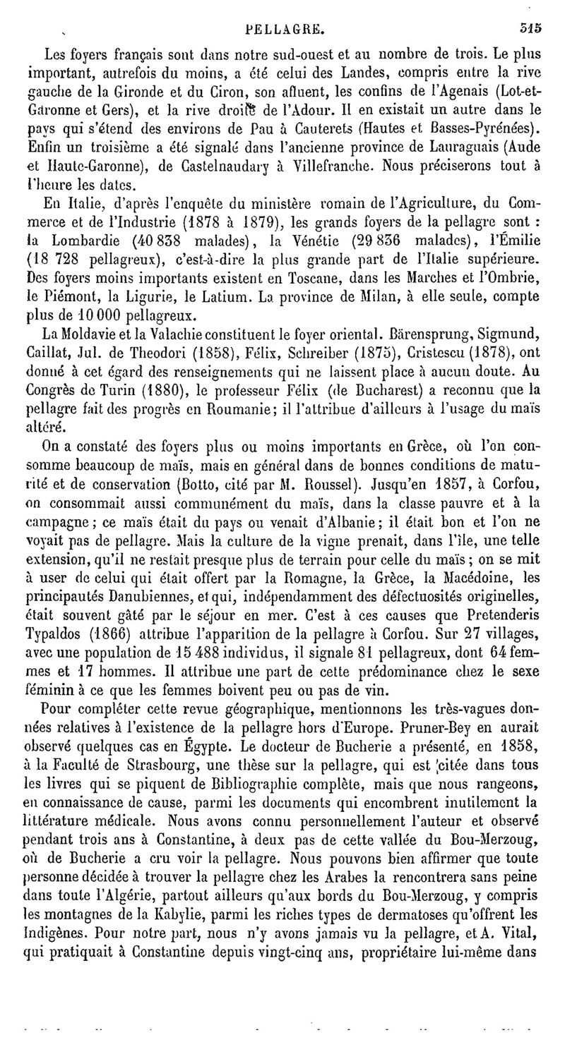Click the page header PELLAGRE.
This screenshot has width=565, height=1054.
click(x=285, y=30)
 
